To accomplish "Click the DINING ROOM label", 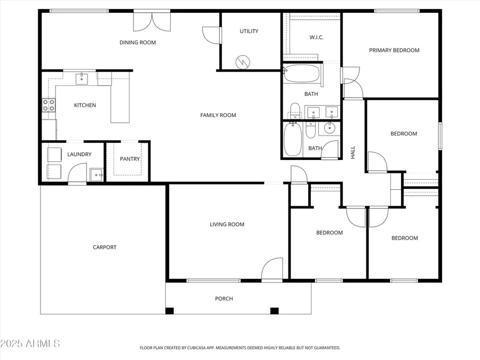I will (x=138, y=42).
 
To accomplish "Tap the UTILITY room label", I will (x=249, y=31).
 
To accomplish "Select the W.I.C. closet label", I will (x=316, y=37).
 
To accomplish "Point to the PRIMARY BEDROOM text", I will (x=394, y=50).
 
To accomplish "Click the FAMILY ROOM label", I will (x=218, y=115).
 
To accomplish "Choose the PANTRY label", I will (x=130, y=159).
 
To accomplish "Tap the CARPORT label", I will (x=105, y=247).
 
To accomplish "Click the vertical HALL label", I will (x=353, y=153).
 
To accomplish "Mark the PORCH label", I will (x=224, y=299).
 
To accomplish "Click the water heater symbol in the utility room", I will (x=243, y=62).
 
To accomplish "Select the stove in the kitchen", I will (x=49, y=105).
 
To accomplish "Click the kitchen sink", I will (x=81, y=79).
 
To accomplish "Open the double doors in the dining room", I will (x=152, y=21).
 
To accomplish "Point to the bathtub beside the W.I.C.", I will (x=302, y=74).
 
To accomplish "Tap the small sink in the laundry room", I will (x=96, y=174).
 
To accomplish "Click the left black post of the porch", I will (x=170, y=311).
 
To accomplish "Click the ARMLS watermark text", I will (x=30, y=343).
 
